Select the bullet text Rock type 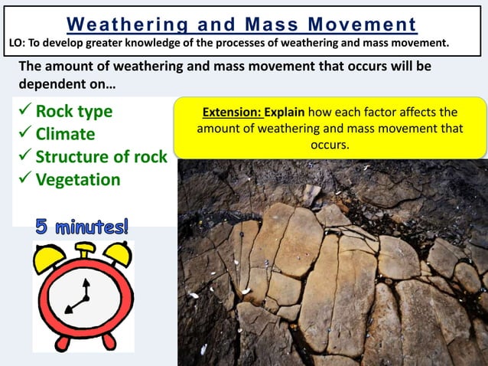coord(74,112)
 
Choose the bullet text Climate coord(66,135)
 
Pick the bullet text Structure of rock coord(102,157)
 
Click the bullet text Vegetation coord(78,180)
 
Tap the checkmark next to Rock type coord(24,112)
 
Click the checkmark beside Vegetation coord(24,180)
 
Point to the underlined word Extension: coord(231,113)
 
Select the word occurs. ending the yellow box coord(330,144)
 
